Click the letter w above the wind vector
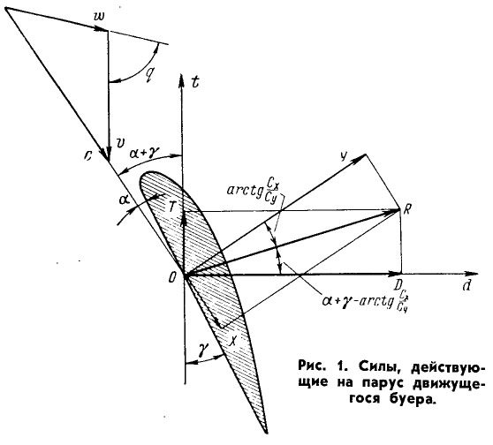102,17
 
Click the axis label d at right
466,285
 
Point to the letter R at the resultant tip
406,209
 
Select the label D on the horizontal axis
399,285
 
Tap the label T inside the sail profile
172,207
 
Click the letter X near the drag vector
233,340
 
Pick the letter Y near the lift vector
345,155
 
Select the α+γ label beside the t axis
145,153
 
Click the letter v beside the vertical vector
119,143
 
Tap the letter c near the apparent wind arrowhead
87,156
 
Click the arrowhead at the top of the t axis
181,79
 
